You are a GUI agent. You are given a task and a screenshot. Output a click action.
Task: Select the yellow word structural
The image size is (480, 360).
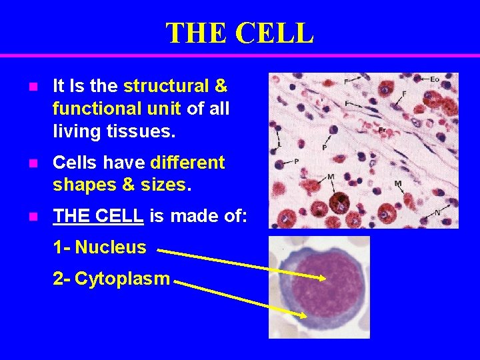click(166, 86)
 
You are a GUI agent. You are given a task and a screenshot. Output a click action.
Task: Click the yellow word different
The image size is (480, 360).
click(188, 163)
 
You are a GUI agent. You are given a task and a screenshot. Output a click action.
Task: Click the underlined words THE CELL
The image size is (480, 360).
click(98, 216)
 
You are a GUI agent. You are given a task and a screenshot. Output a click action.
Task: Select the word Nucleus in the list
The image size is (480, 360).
click(110, 247)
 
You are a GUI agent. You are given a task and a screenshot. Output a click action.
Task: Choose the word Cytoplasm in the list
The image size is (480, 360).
click(122, 279)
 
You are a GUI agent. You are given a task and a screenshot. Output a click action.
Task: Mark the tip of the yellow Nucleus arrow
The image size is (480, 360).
click(325, 279)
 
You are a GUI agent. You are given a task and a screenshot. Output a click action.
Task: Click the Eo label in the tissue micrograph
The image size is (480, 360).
click(435, 79)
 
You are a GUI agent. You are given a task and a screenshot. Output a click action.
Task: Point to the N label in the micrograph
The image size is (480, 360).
click(437, 212)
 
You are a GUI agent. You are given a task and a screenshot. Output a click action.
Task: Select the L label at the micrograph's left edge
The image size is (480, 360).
click(279, 144)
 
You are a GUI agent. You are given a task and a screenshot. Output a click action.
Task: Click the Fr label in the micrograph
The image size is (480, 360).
click(382, 129)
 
